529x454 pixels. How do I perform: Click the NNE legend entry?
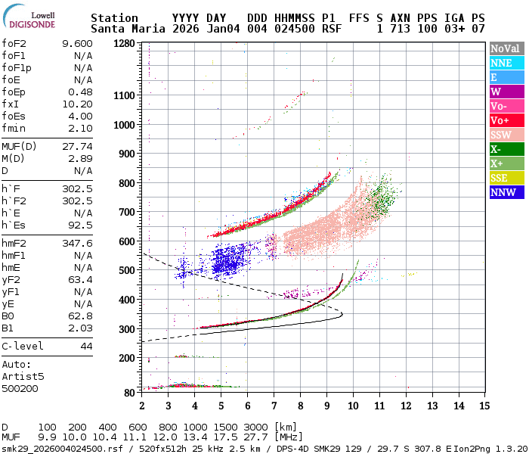pos(506,63)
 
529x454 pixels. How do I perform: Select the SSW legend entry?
pos(506,135)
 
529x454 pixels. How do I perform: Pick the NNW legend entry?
pos(506,192)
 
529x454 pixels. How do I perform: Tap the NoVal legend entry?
pos(506,48)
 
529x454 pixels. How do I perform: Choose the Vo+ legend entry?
pos(506,120)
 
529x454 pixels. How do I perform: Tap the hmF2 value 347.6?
pos(77,244)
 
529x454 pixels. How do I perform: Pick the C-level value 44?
pos(86,347)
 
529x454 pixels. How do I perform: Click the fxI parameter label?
pos(11,104)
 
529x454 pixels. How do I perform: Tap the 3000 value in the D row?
pos(255,428)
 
